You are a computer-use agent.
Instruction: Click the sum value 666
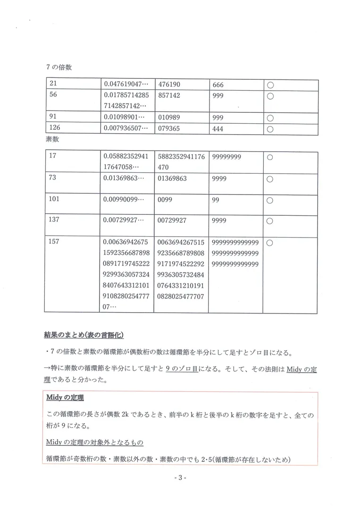pyautogui.click(x=218, y=85)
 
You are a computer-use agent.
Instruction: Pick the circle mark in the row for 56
pyautogui.click(x=270, y=96)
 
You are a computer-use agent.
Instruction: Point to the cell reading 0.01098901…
pyautogui.click(x=126, y=117)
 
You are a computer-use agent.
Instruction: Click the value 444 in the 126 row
pyautogui.click(x=218, y=128)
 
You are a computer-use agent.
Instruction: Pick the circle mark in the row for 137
pyautogui.click(x=270, y=221)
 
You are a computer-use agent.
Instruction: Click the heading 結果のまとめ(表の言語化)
pyautogui.click(x=84, y=336)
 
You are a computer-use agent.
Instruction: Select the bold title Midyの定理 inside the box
pyautogui.click(x=65, y=398)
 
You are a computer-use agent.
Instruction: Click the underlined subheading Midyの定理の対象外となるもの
pyautogui.click(x=95, y=442)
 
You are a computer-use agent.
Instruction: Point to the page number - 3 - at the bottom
pyautogui.click(x=180, y=478)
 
